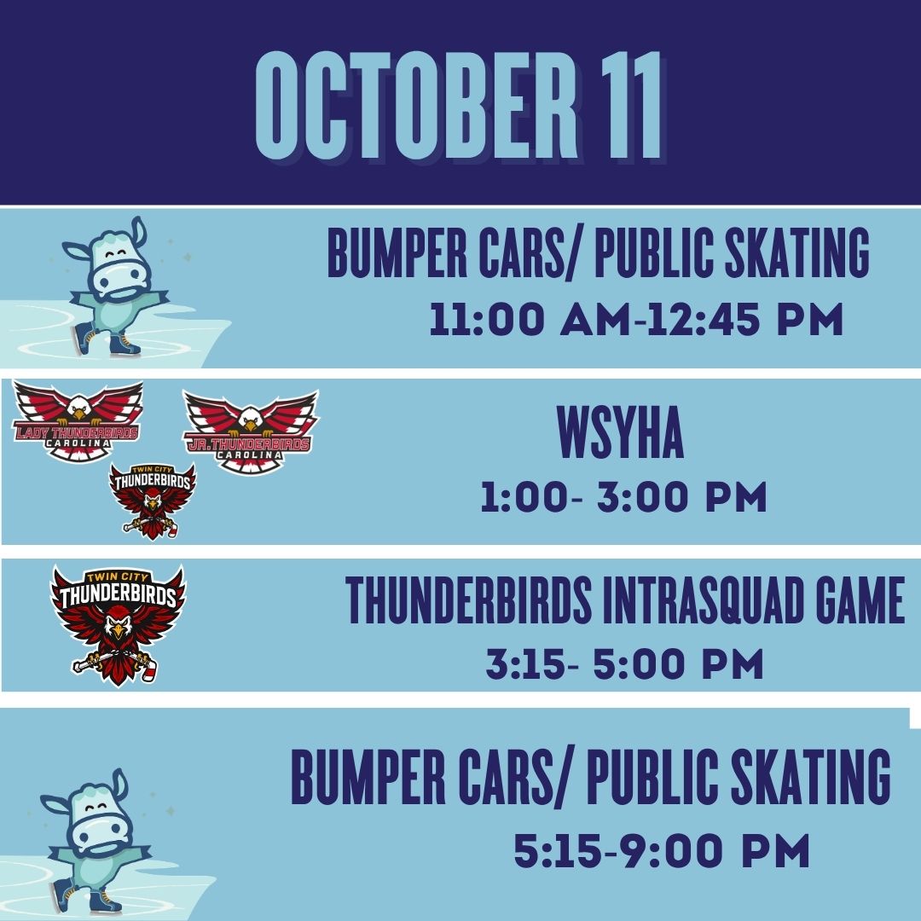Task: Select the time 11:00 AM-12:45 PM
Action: [636, 319]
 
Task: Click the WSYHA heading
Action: [621, 432]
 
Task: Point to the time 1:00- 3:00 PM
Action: [623, 497]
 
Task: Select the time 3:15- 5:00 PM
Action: [624, 663]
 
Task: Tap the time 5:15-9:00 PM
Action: [662, 850]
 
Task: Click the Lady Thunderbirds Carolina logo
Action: [78, 420]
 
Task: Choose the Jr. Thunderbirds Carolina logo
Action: [251, 432]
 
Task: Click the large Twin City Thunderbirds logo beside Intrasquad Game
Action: [118, 625]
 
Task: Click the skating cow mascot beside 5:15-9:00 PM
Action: [94, 841]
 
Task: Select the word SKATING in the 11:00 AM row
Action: [797, 252]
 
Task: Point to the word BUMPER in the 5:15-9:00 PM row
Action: [368, 777]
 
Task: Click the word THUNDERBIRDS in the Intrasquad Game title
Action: [469, 600]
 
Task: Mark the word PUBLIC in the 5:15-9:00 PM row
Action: [652, 777]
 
